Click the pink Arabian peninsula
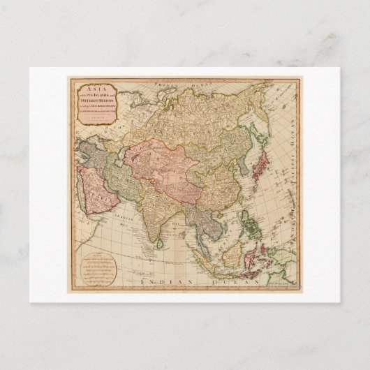(91, 188)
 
